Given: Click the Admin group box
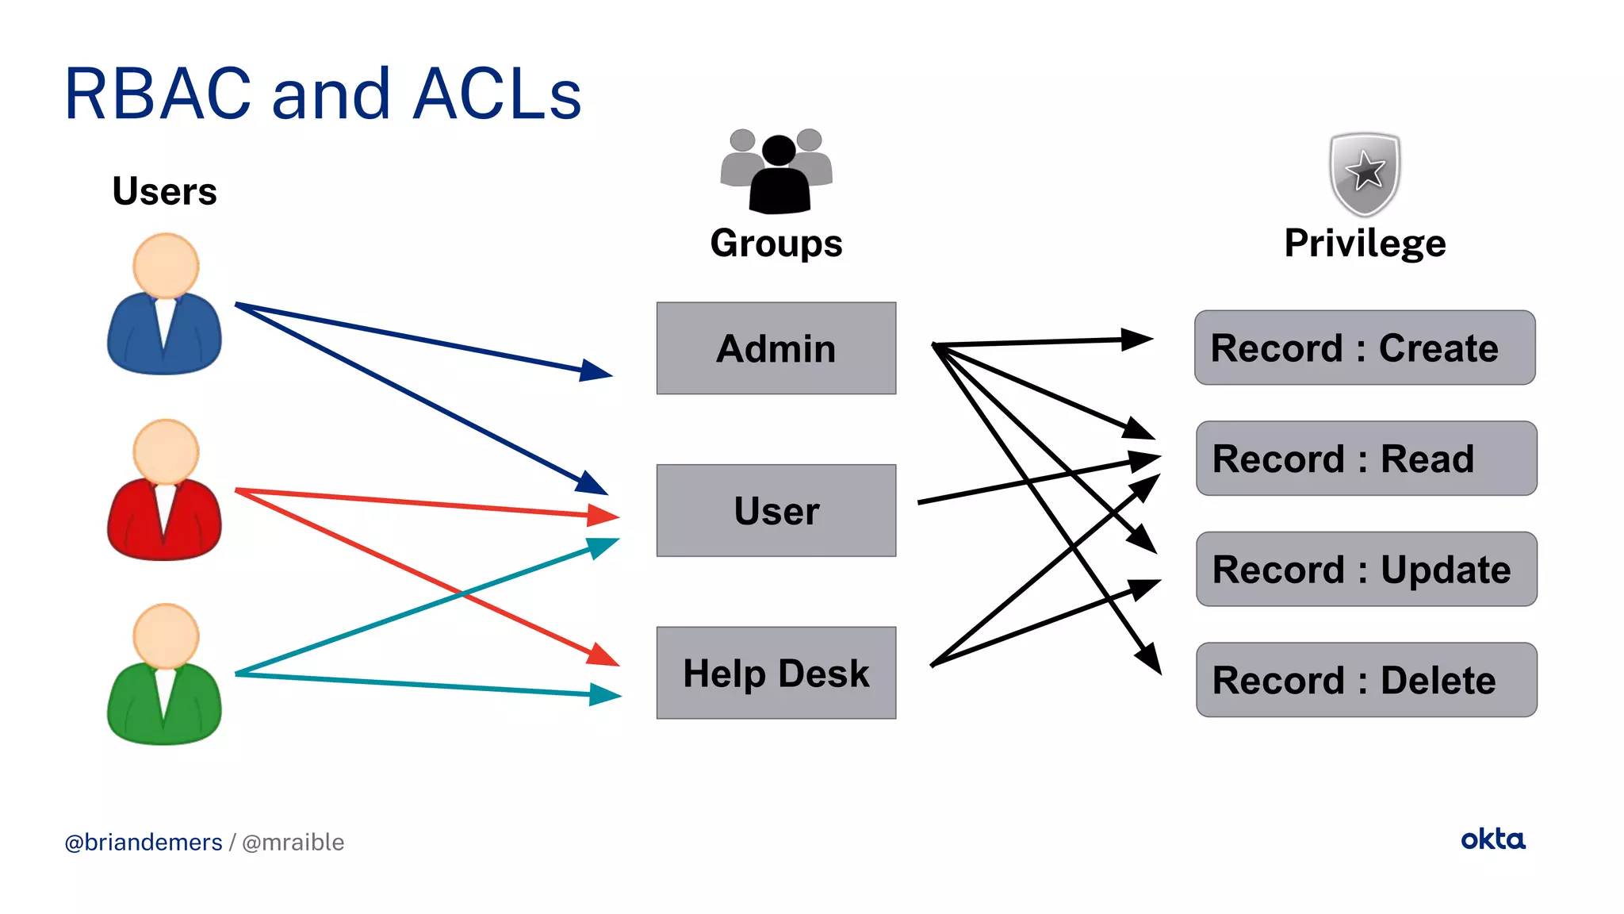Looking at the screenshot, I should tap(776, 348).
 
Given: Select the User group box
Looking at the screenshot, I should tap(776, 510).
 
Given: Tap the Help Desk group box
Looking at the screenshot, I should tap(776, 673).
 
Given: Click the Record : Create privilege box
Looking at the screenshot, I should tap(1364, 348).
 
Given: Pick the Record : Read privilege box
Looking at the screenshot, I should tap(1365, 459).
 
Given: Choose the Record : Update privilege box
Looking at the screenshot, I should tap(1365, 569).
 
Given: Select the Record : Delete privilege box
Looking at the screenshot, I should tap(1365, 680).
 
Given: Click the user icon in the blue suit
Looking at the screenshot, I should tap(164, 305).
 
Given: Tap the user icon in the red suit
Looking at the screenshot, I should tap(164, 491).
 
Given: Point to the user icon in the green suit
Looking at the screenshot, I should tap(164, 676).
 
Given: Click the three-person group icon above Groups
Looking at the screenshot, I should tap(777, 171).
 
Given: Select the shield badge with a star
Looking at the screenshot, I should tap(1365, 173).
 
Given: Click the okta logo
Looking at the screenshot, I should tap(1492, 839).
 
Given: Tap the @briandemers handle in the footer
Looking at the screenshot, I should tap(144, 842).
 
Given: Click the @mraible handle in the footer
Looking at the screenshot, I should tap(293, 842).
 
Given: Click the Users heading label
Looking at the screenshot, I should tap(164, 191).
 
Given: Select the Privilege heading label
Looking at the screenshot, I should tap(1365, 243).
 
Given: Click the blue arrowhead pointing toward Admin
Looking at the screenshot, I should tap(596, 371).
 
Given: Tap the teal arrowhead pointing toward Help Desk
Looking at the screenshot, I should tap(606, 695).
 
